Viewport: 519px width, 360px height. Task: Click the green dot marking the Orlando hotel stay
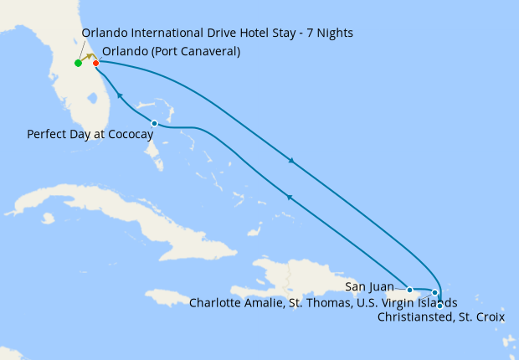(x=78, y=63)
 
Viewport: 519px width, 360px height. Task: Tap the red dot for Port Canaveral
(x=96, y=63)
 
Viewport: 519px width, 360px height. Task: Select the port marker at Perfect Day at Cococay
(x=154, y=123)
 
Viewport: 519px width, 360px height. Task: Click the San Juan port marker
(x=410, y=290)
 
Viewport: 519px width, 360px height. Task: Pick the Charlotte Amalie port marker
(x=434, y=292)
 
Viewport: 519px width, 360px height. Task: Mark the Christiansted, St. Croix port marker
(x=439, y=306)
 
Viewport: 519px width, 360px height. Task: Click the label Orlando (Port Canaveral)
(x=171, y=51)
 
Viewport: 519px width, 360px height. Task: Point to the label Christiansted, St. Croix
(x=441, y=317)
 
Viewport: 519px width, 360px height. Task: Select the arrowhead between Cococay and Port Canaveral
(x=120, y=95)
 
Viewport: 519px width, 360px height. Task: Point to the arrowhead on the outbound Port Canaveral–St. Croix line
(x=290, y=160)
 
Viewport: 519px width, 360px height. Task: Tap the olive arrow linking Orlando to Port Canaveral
(x=88, y=58)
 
